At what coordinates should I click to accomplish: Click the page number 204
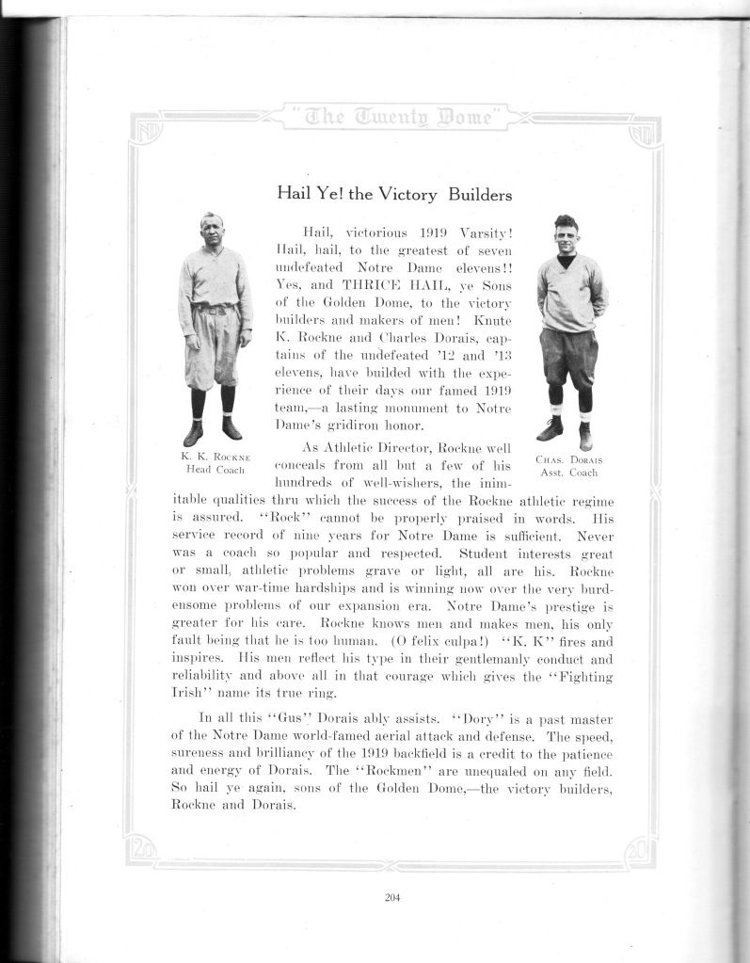[x=392, y=897]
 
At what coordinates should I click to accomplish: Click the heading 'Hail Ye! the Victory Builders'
[x=393, y=195]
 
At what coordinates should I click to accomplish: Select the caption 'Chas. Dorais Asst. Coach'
[x=568, y=466]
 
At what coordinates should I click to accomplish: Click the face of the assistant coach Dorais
[x=565, y=235]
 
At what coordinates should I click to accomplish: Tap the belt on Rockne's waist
[x=215, y=308]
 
